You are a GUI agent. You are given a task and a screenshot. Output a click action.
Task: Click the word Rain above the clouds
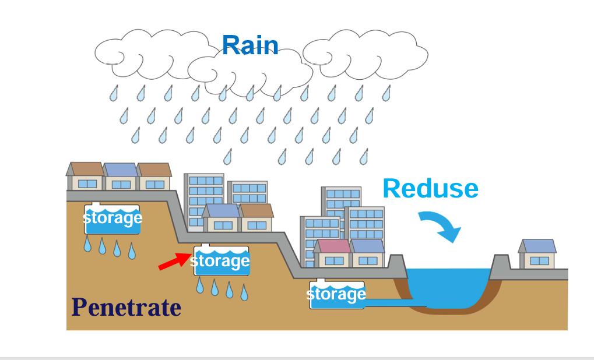(x=250, y=45)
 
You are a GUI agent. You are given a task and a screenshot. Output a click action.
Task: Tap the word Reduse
(x=430, y=189)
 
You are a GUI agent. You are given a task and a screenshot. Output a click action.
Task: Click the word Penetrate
(x=126, y=307)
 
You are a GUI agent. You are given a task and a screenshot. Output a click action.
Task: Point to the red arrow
(x=174, y=263)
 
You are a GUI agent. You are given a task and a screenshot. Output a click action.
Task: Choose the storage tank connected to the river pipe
(x=336, y=295)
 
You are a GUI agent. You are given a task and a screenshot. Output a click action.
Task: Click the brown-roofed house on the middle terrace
(x=256, y=218)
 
